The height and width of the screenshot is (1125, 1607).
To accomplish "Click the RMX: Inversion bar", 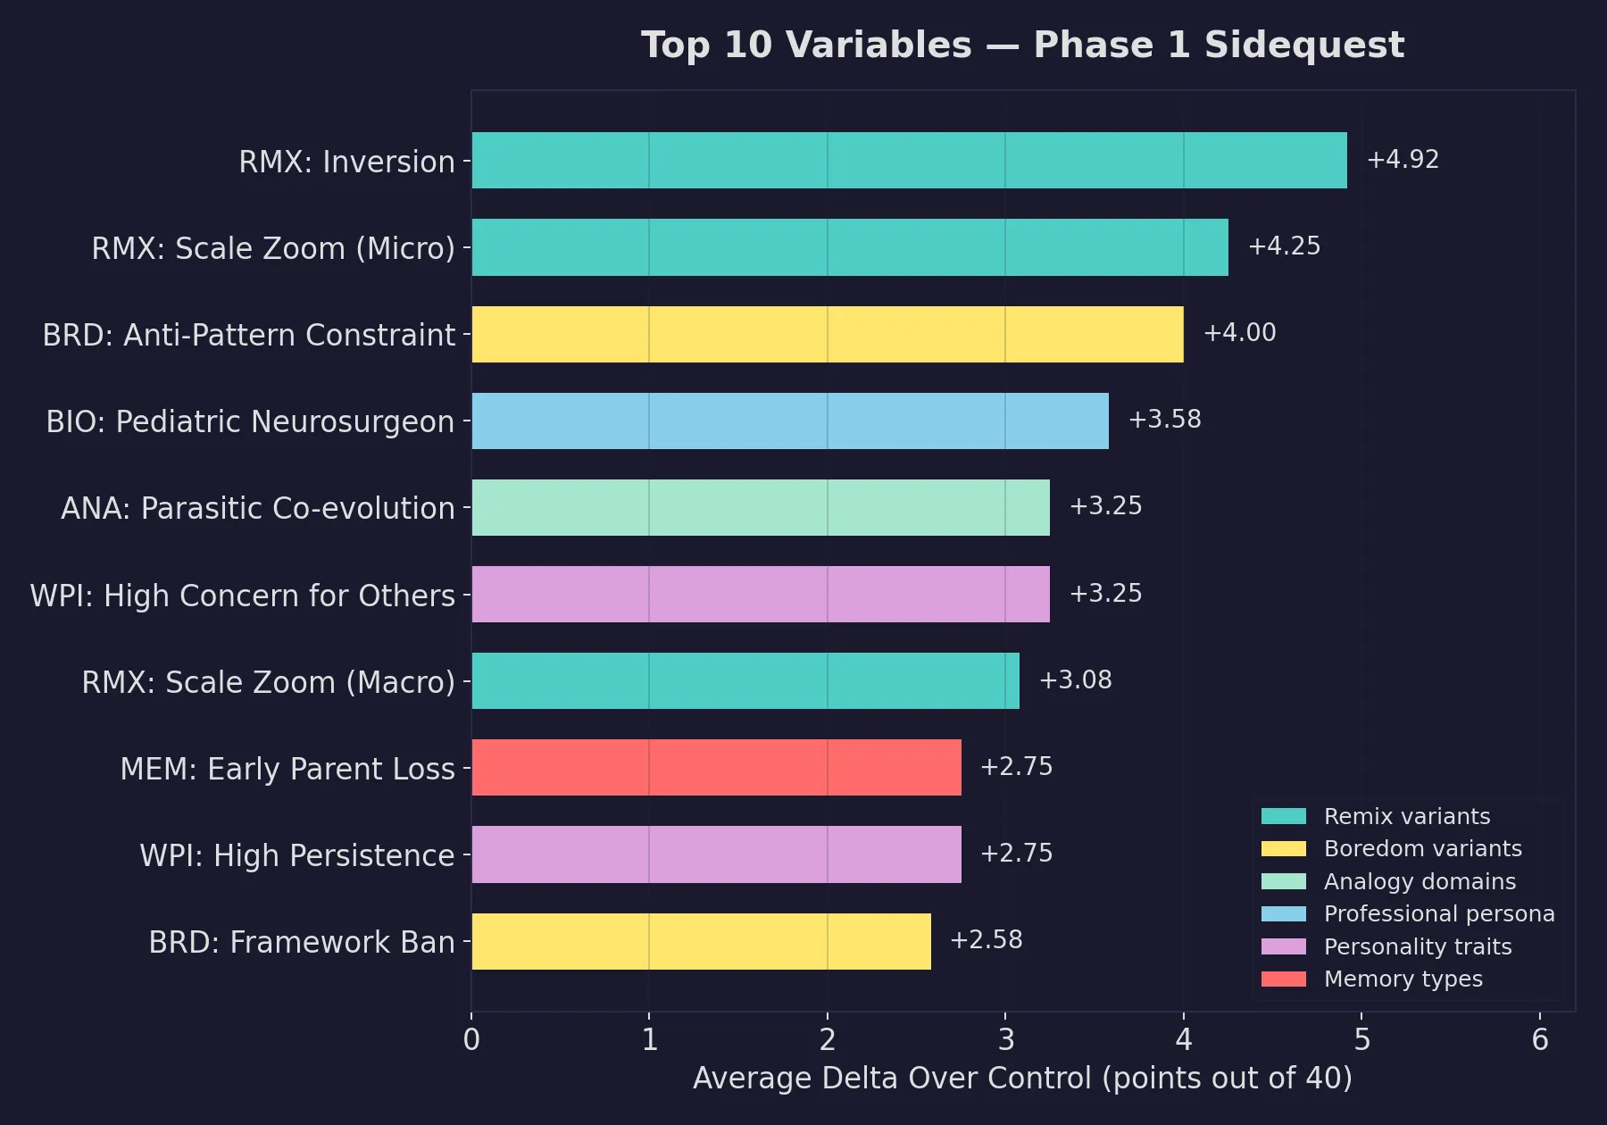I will [909, 161].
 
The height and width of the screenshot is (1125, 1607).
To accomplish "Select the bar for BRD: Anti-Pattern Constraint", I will [828, 335].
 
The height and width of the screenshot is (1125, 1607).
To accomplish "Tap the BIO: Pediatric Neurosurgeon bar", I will [790, 421].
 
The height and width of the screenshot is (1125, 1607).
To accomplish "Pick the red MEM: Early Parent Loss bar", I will [716, 768].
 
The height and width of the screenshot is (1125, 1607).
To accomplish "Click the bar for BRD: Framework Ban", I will [701, 941].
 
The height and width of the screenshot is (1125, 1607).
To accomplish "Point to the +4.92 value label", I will [1403, 160].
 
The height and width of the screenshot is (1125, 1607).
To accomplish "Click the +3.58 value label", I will [1164, 420].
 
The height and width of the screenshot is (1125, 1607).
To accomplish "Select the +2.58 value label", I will [986, 940].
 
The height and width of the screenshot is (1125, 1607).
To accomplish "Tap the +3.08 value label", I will [1075, 680].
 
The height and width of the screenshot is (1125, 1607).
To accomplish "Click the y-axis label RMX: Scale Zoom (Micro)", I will [273, 248].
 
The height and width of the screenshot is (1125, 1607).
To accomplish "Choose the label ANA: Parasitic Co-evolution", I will [258, 508].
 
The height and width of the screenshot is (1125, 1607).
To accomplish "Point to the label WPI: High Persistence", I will [297, 855].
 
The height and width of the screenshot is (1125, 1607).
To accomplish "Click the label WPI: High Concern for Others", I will [243, 596].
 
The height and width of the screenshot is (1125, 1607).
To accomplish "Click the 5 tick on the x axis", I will [1361, 1039].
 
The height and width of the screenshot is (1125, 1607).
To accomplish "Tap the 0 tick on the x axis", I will [471, 1039].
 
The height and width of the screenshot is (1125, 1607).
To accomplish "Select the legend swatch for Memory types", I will [1283, 979].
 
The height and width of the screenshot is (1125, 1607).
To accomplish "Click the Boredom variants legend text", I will [1422, 849].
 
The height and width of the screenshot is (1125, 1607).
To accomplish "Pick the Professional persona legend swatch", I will [1283, 914].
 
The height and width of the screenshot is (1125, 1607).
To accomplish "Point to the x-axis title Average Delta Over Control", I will [892, 1079].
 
